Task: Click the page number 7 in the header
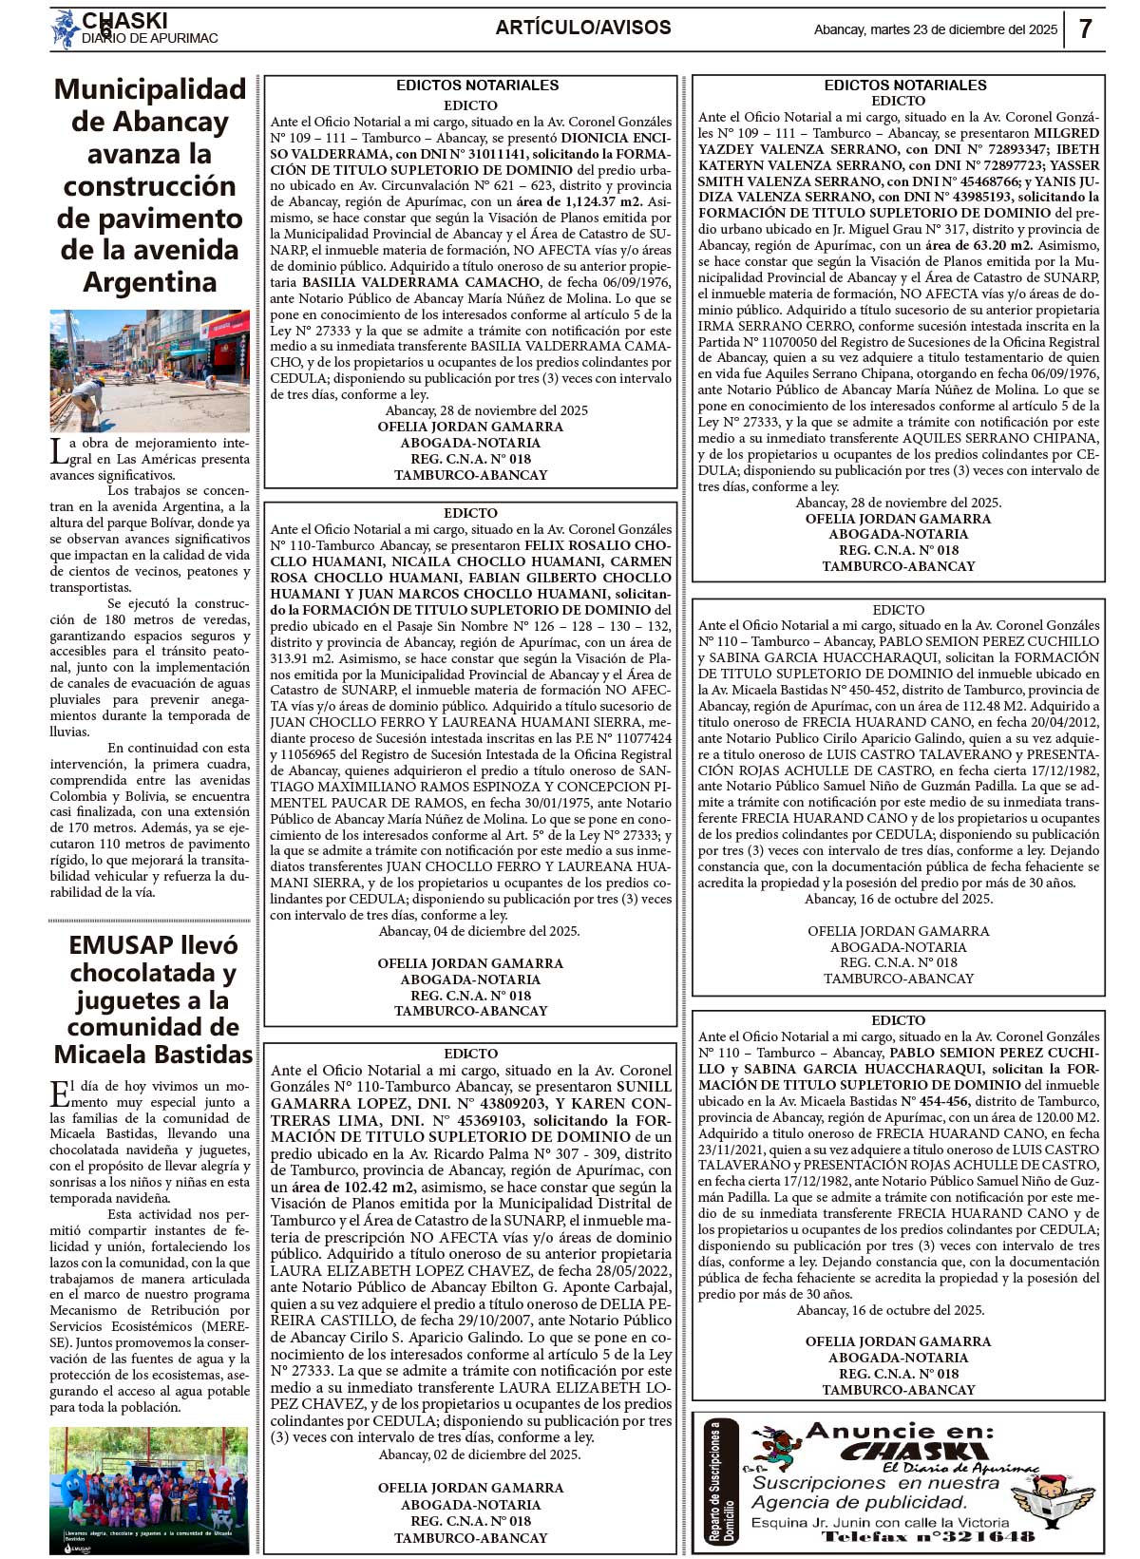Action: pyautogui.click(x=1086, y=29)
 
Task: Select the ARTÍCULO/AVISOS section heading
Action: pyautogui.click(x=583, y=29)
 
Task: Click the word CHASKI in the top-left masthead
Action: pyautogui.click(x=124, y=21)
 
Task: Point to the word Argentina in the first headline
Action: pyautogui.click(x=149, y=282)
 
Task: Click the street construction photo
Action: pyautogui.click(x=149, y=371)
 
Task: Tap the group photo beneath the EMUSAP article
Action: pyautogui.click(x=149, y=1490)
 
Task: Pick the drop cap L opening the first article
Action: pyautogui.click(x=58, y=451)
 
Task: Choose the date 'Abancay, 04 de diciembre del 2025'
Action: pyautogui.click(x=479, y=931)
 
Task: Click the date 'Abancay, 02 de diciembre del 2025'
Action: pyautogui.click(x=479, y=1454)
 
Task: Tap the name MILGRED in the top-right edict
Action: pyautogui.click(x=1066, y=133)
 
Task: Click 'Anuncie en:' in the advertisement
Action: pyautogui.click(x=899, y=1431)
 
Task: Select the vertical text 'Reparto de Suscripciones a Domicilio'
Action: pyautogui.click(x=722, y=1482)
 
